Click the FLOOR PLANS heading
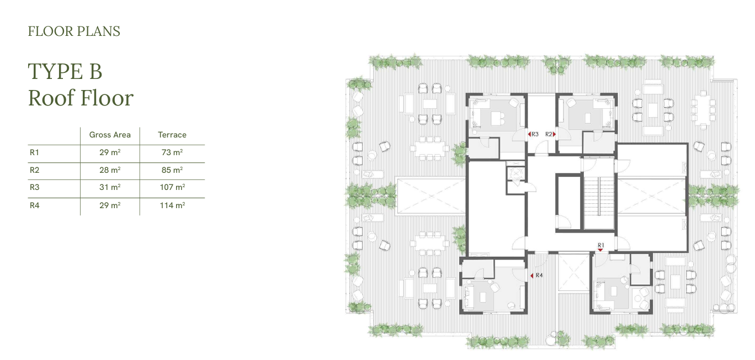pos(74,31)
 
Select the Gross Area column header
pos(109,135)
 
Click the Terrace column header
pos(172,135)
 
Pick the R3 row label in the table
pos(34,187)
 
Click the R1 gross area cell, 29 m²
pos(110,152)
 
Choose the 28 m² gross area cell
pos(110,170)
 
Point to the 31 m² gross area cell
pos(110,187)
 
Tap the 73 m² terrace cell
pos(172,152)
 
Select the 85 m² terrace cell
pos(172,170)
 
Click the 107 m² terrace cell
pos(172,187)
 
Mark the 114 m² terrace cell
pos(172,205)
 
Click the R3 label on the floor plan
pos(535,134)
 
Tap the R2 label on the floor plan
pos(549,134)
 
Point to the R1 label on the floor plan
pos(600,245)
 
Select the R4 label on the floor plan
pos(539,276)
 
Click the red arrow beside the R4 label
pos(531,276)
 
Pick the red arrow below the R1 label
pos(600,250)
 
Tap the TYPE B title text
pos(65,71)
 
